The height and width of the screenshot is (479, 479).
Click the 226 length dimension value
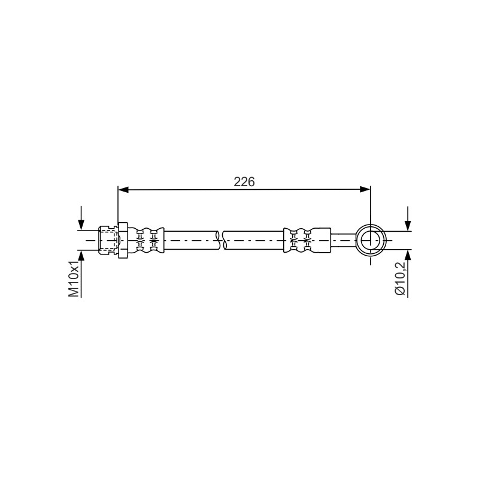[244, 182]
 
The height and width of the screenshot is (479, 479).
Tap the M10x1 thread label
[74, 279]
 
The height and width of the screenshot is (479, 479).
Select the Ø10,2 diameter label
[400, 278]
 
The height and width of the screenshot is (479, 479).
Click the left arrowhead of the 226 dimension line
[123, 189]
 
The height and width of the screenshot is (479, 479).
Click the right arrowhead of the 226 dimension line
[365, 189]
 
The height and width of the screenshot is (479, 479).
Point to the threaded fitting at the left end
[108, 240]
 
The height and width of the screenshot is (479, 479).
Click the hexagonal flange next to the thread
[123, 240]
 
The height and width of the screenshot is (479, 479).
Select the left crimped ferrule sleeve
[145, 240]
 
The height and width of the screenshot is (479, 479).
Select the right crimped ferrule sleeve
[307, 240]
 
